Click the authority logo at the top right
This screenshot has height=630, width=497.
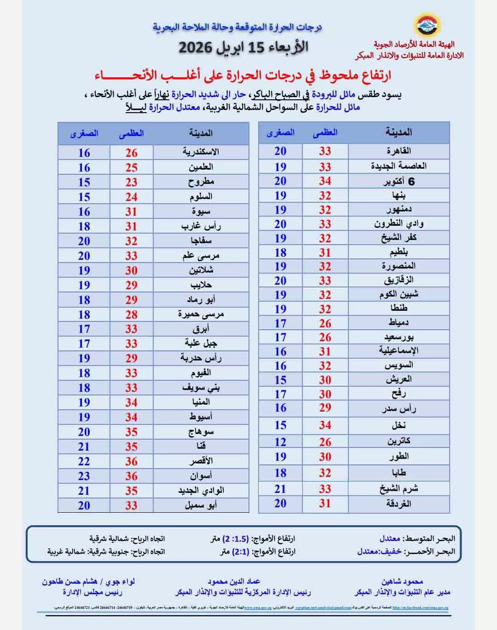(428, 25)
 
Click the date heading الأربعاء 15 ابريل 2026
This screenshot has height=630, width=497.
(243, 47)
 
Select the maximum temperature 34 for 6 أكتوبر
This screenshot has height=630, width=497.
(325, 181)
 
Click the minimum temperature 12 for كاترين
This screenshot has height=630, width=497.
(280, 442)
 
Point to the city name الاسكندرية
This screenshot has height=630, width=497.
(201, 152)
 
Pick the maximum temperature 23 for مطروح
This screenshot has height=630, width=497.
(131, 182)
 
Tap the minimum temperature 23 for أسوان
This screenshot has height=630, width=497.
(84, 476)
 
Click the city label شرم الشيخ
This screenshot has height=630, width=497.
(399, 489)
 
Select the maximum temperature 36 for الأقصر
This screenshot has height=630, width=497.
(131, 461)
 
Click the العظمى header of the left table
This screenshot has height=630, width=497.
(131, 133)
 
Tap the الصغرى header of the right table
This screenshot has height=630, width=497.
(280, 133)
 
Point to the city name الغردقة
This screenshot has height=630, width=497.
(399, 504)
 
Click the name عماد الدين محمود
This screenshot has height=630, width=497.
(234, 582)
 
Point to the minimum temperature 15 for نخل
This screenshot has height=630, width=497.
(280, 425)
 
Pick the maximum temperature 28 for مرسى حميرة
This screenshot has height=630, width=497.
(131, 315)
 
